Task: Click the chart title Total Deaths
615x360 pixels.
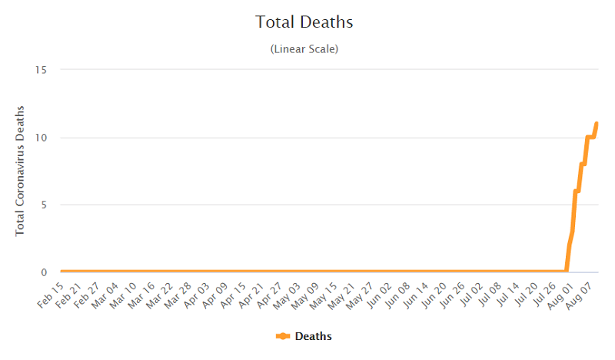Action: click(x=304, y=22)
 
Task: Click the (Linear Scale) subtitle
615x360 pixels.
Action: click(x=304, y=49)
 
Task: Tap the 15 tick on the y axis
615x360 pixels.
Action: click(x=42, y=70)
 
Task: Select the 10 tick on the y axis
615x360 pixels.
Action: click(x=42, y=138)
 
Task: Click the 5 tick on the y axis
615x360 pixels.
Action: click(x=45, y=205)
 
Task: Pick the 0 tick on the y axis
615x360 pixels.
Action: click(x=45, y=272)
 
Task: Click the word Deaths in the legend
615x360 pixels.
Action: click(x=313, y=336)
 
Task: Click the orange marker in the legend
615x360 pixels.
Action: click(x=282, y=336)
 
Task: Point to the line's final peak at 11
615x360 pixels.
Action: click(x=597, y=124)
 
